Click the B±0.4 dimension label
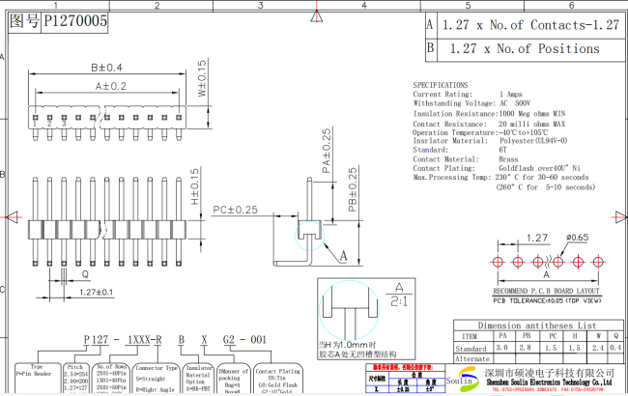tap(106, 68)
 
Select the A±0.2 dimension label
tap(110, 86)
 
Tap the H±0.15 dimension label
tap(195, 187)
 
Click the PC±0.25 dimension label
tap(235, 210)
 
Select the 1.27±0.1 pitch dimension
tap(97, 292)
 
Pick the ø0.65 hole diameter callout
tap(578, 237)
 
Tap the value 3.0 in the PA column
tap(501, 348)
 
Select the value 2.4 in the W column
tap(597, 348)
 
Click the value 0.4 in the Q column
tap(617, 348)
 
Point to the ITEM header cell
tap(470, 336)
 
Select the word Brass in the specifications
tap(509, 158)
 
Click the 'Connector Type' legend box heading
tap(156, 368)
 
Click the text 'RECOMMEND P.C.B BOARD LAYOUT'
tap(547, 290)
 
